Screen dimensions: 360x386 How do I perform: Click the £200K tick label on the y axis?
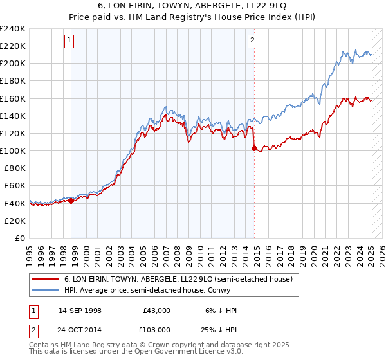(12, 64)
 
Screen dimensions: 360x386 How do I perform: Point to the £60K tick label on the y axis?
(14, 186)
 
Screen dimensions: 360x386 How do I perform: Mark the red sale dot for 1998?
(71, 201)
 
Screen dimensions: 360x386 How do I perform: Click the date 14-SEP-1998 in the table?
(80, 310)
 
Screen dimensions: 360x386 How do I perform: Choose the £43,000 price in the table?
(156, 310)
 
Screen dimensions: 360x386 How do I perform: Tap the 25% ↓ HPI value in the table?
(223, 328)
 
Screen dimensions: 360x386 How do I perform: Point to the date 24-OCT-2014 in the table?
(80, 328)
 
